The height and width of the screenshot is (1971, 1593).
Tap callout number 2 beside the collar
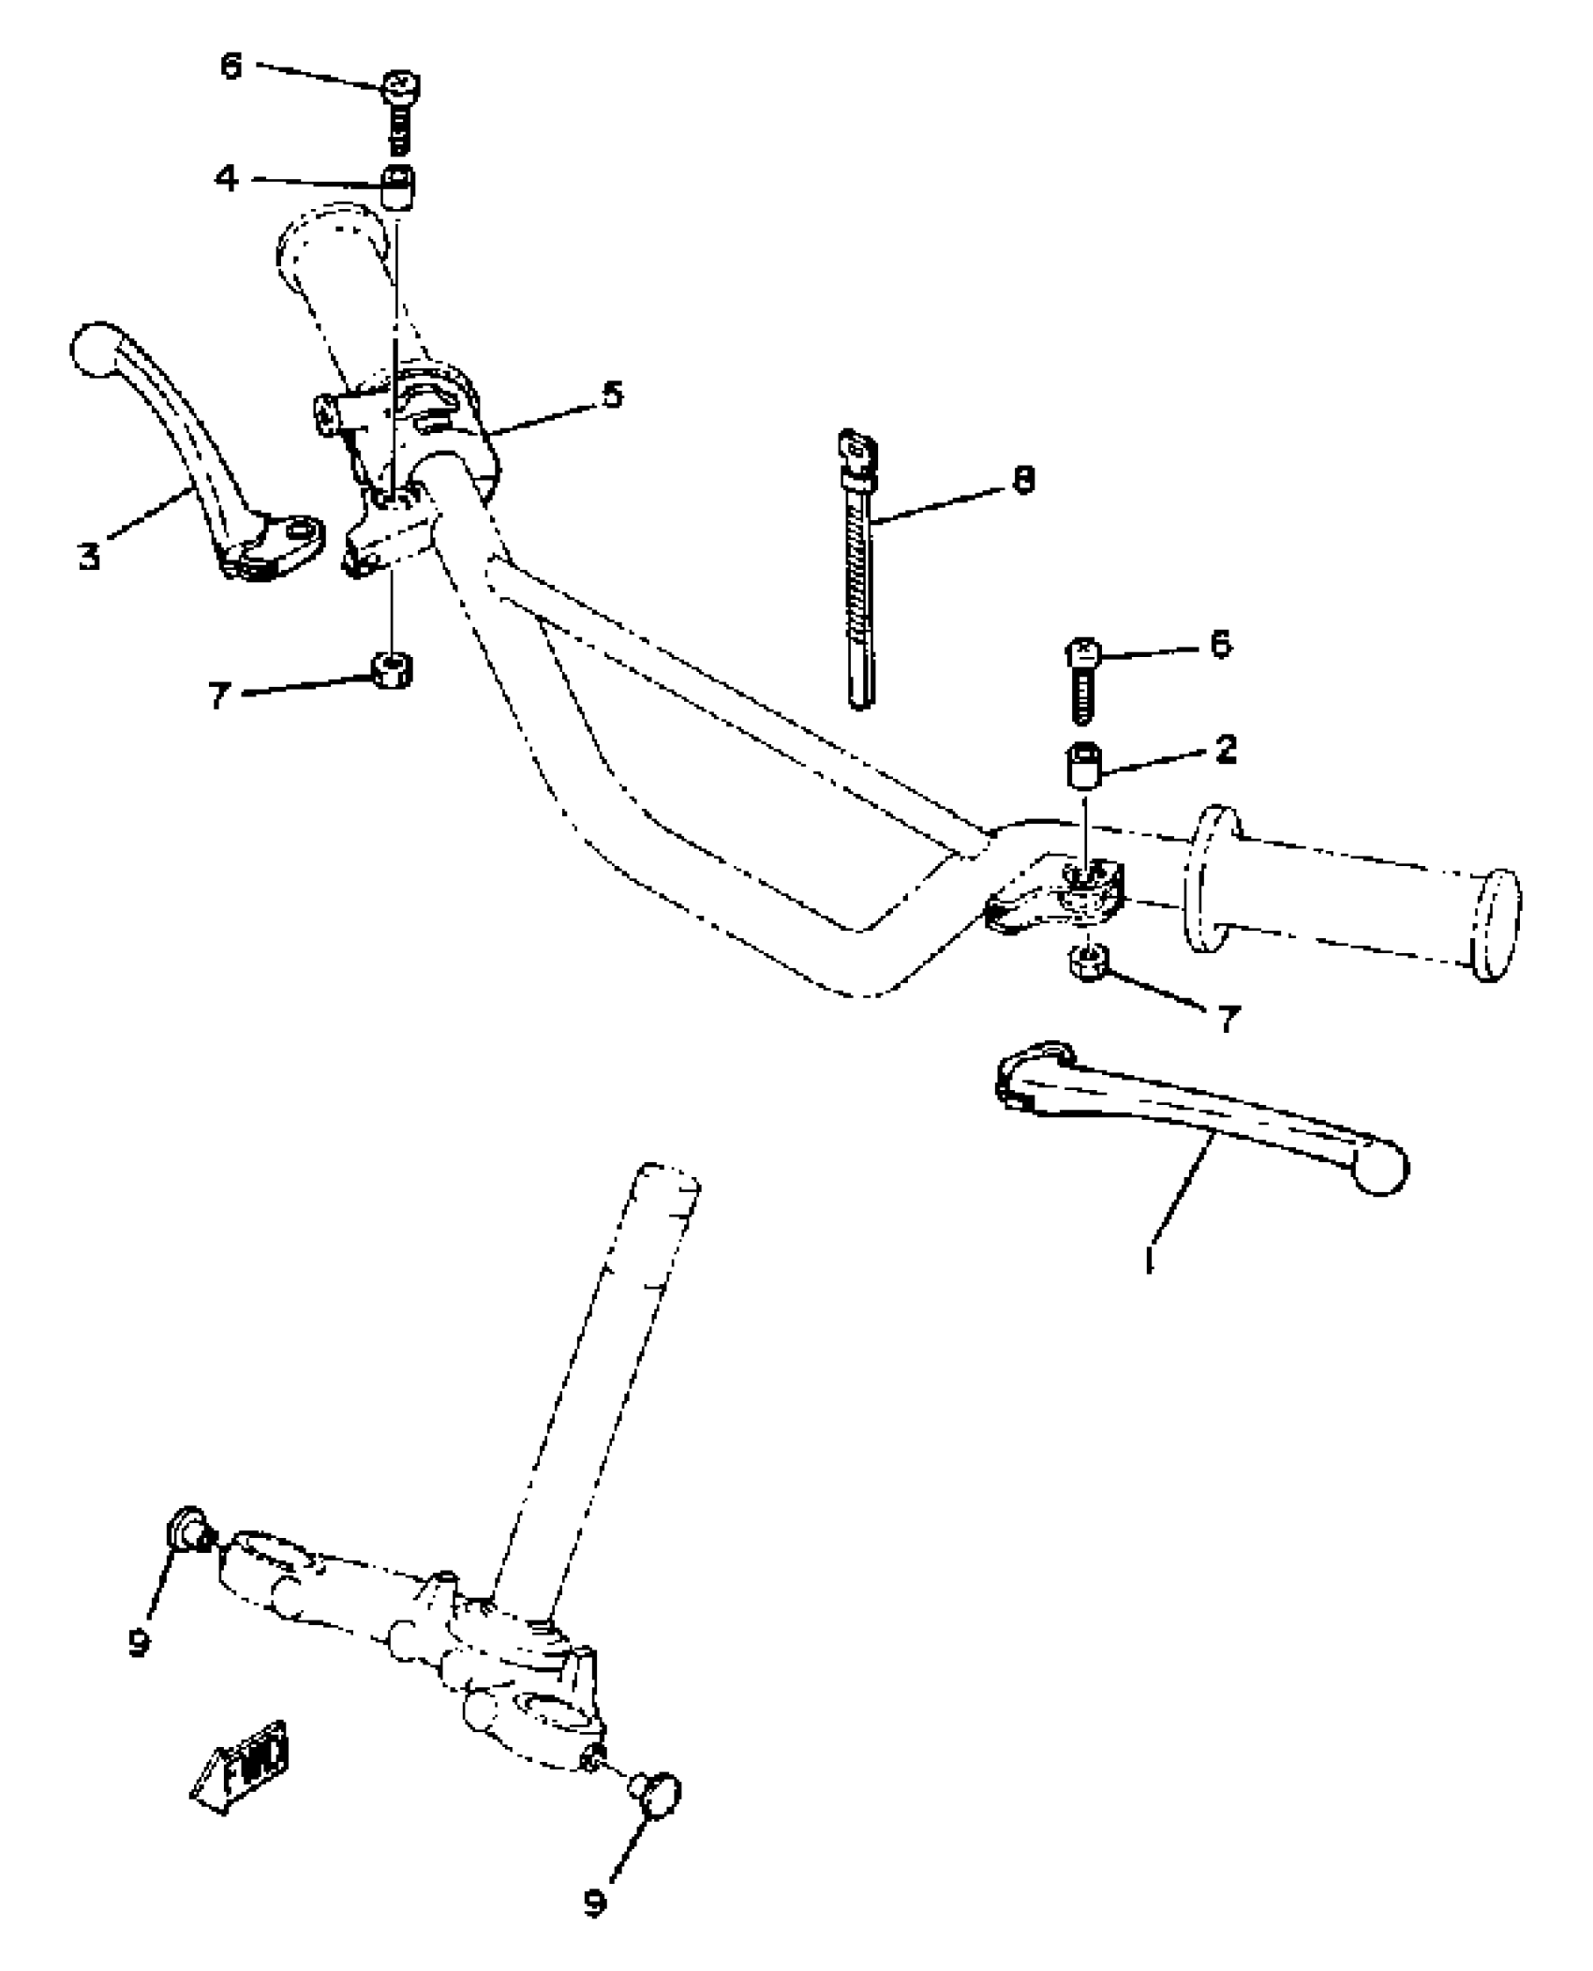(x=1225, y=750)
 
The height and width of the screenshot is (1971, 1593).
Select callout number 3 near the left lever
(x=89, y=558)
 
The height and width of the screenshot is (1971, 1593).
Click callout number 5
(x=611, y=395)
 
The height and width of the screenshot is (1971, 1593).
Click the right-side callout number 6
(x=1219, y=645)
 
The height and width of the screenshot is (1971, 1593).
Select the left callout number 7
(x=218, y=694)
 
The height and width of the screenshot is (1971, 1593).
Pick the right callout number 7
(x=1228, y=1018)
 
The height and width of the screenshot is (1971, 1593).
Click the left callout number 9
(x=140, y=1641)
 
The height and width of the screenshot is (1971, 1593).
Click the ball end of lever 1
(x=1380, y=1171)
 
